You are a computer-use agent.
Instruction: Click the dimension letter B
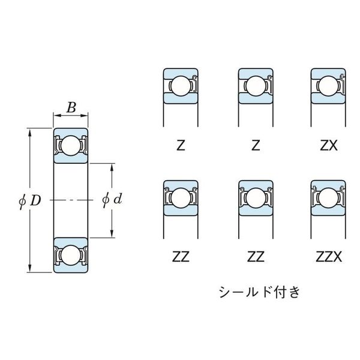(71, 107)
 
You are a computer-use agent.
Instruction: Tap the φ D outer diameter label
(30, 201)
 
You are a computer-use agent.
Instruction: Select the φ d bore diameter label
(112, 199)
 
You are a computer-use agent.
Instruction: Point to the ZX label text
(329, 146)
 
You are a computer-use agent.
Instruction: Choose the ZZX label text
(329, 257)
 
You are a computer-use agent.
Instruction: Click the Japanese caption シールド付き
(259, 292)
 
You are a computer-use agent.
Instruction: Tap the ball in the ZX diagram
(329, 86)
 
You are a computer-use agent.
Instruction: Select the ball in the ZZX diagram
(329, 198)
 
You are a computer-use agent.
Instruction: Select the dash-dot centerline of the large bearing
(71, 200)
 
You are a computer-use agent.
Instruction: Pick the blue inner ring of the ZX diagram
(328, 98)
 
